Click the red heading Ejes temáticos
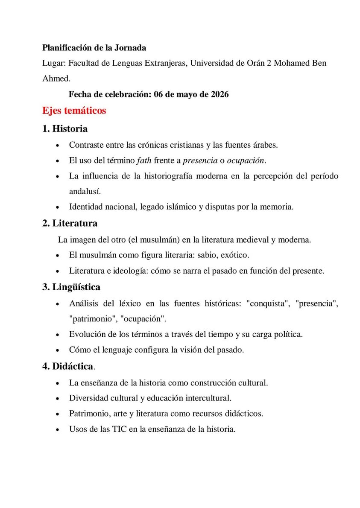click(x=74, y=111)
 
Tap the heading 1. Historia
click(x=65, y=128)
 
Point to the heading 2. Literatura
click(x=70, y=223)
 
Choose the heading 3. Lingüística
click(x=71, y=287)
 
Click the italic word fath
click(x=144, y=161)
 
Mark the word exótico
click(x=234, y=255)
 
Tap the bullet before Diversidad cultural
click(x=58, y=398)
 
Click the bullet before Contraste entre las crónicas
click(x=58, y=145)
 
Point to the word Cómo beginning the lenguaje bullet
click(x=79, y=350)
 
